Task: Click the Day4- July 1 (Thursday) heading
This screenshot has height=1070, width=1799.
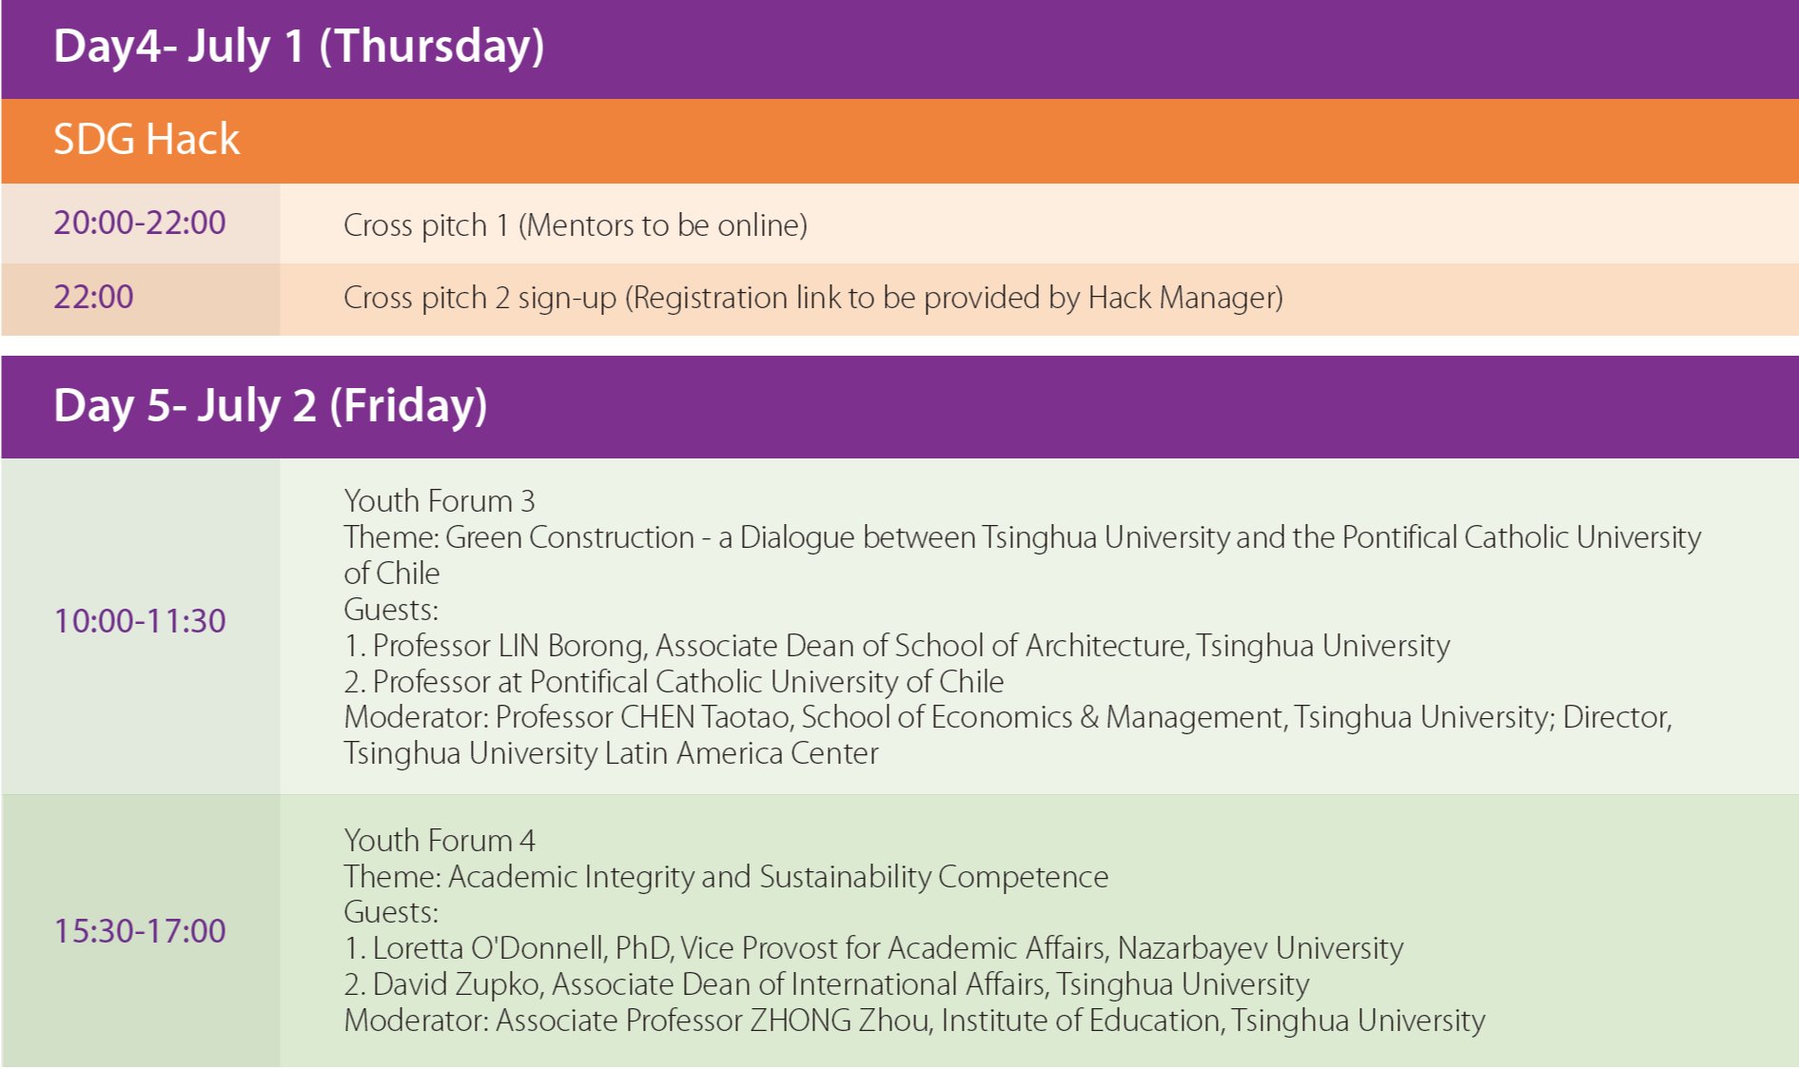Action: click(x=299, y=47)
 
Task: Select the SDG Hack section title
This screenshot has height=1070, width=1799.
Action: click(x=147, y=140)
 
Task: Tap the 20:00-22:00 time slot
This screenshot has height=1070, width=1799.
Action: click(x=140, y=223)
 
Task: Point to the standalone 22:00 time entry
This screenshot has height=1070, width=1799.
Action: click(x=93, y=297)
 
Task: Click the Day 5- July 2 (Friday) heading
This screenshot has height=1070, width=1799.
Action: click(x=270, y=406)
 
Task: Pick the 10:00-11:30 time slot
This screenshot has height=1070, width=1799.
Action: click(x=140, y=621)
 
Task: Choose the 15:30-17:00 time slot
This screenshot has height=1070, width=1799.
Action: click(x=140, y=931)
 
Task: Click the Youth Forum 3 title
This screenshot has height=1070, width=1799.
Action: click(x=440, y=501)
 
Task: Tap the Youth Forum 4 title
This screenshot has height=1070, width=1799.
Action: click(x=440, y=841)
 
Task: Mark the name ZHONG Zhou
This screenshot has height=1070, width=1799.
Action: click(x=839, y=1021)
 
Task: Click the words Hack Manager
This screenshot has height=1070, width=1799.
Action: click(x=1181, y=298)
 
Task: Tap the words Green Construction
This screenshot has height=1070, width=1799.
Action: click(x=570, y=537)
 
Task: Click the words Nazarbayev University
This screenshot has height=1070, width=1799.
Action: click(x=1261, y=948)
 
